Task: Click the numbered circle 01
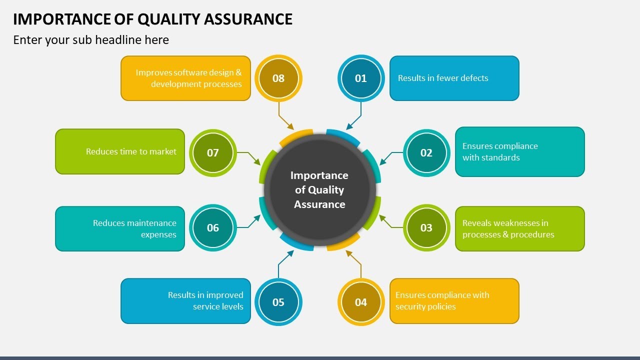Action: point(361,78)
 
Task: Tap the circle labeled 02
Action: point(426,152)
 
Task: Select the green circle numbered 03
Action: point(426,227)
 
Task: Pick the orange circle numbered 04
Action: point(361,302)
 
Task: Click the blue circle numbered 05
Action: point(278,302)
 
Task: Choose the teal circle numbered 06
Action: point(213,227)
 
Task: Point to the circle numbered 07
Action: point(213,152)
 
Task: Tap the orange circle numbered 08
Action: point(278,78)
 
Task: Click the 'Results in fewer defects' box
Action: point(454,78)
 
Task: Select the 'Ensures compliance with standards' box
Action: point(519,151)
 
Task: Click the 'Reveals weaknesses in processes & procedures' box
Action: point(519,228)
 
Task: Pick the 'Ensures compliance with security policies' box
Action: point(454,301)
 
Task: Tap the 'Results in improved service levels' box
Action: point(185,301)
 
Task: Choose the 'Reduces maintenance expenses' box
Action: point(120,228)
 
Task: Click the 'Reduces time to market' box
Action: point(120,151)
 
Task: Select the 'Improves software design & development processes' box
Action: point(185,78)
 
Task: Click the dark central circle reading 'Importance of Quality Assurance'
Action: point(319,190)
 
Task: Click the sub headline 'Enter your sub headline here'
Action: point(91,40)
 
